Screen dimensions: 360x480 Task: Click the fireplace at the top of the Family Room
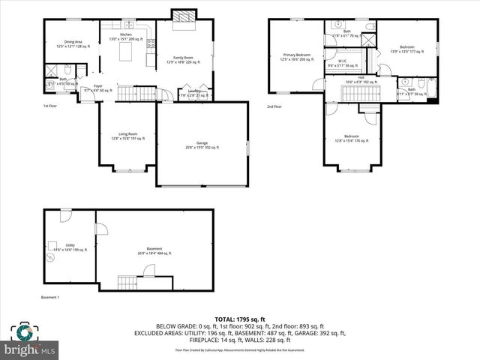pos(183,16)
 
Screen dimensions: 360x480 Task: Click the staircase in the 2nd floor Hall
pos(359,93)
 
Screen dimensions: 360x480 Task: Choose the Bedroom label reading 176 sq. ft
pos(351,137)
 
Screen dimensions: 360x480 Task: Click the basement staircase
pos(128,283)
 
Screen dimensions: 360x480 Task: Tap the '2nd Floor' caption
pos(275,106)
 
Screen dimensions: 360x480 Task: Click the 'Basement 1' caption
pos(50,297)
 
